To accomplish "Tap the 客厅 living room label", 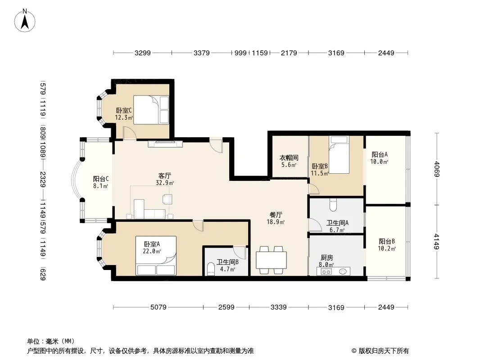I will click(165, 175).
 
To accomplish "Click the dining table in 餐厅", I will click(271, 260).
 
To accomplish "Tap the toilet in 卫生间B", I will click(210, 269).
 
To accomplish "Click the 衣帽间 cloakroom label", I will click(289, 158).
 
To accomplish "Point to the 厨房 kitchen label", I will click(327, 258).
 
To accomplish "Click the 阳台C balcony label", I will click(100, 178).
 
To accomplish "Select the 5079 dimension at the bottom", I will click(158, 307).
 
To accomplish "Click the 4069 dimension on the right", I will click(436, 169).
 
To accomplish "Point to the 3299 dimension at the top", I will click(142, 53).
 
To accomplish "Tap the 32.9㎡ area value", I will click(165, 183).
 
